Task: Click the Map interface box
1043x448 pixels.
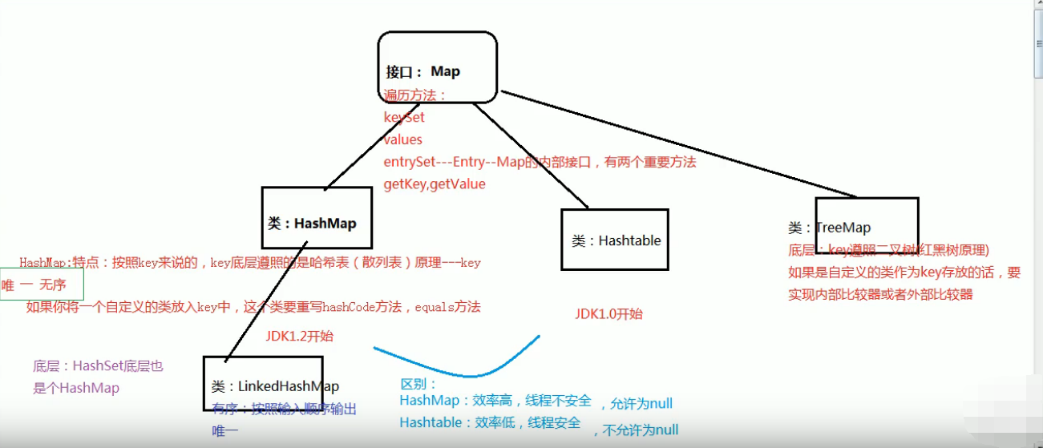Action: point(438,67)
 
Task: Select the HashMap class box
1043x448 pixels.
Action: point(317,218)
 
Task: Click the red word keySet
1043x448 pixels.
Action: point(404,117)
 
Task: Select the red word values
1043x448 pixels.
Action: point(402,139)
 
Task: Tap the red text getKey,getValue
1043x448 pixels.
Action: point(435,184)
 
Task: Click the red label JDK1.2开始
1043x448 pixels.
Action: point(299,336)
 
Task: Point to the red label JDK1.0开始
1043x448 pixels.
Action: point(608,313)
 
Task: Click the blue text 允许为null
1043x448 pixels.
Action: point(641,403)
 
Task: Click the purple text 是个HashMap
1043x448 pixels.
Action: point(76,388)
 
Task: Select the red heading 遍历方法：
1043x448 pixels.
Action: point(415,95)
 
